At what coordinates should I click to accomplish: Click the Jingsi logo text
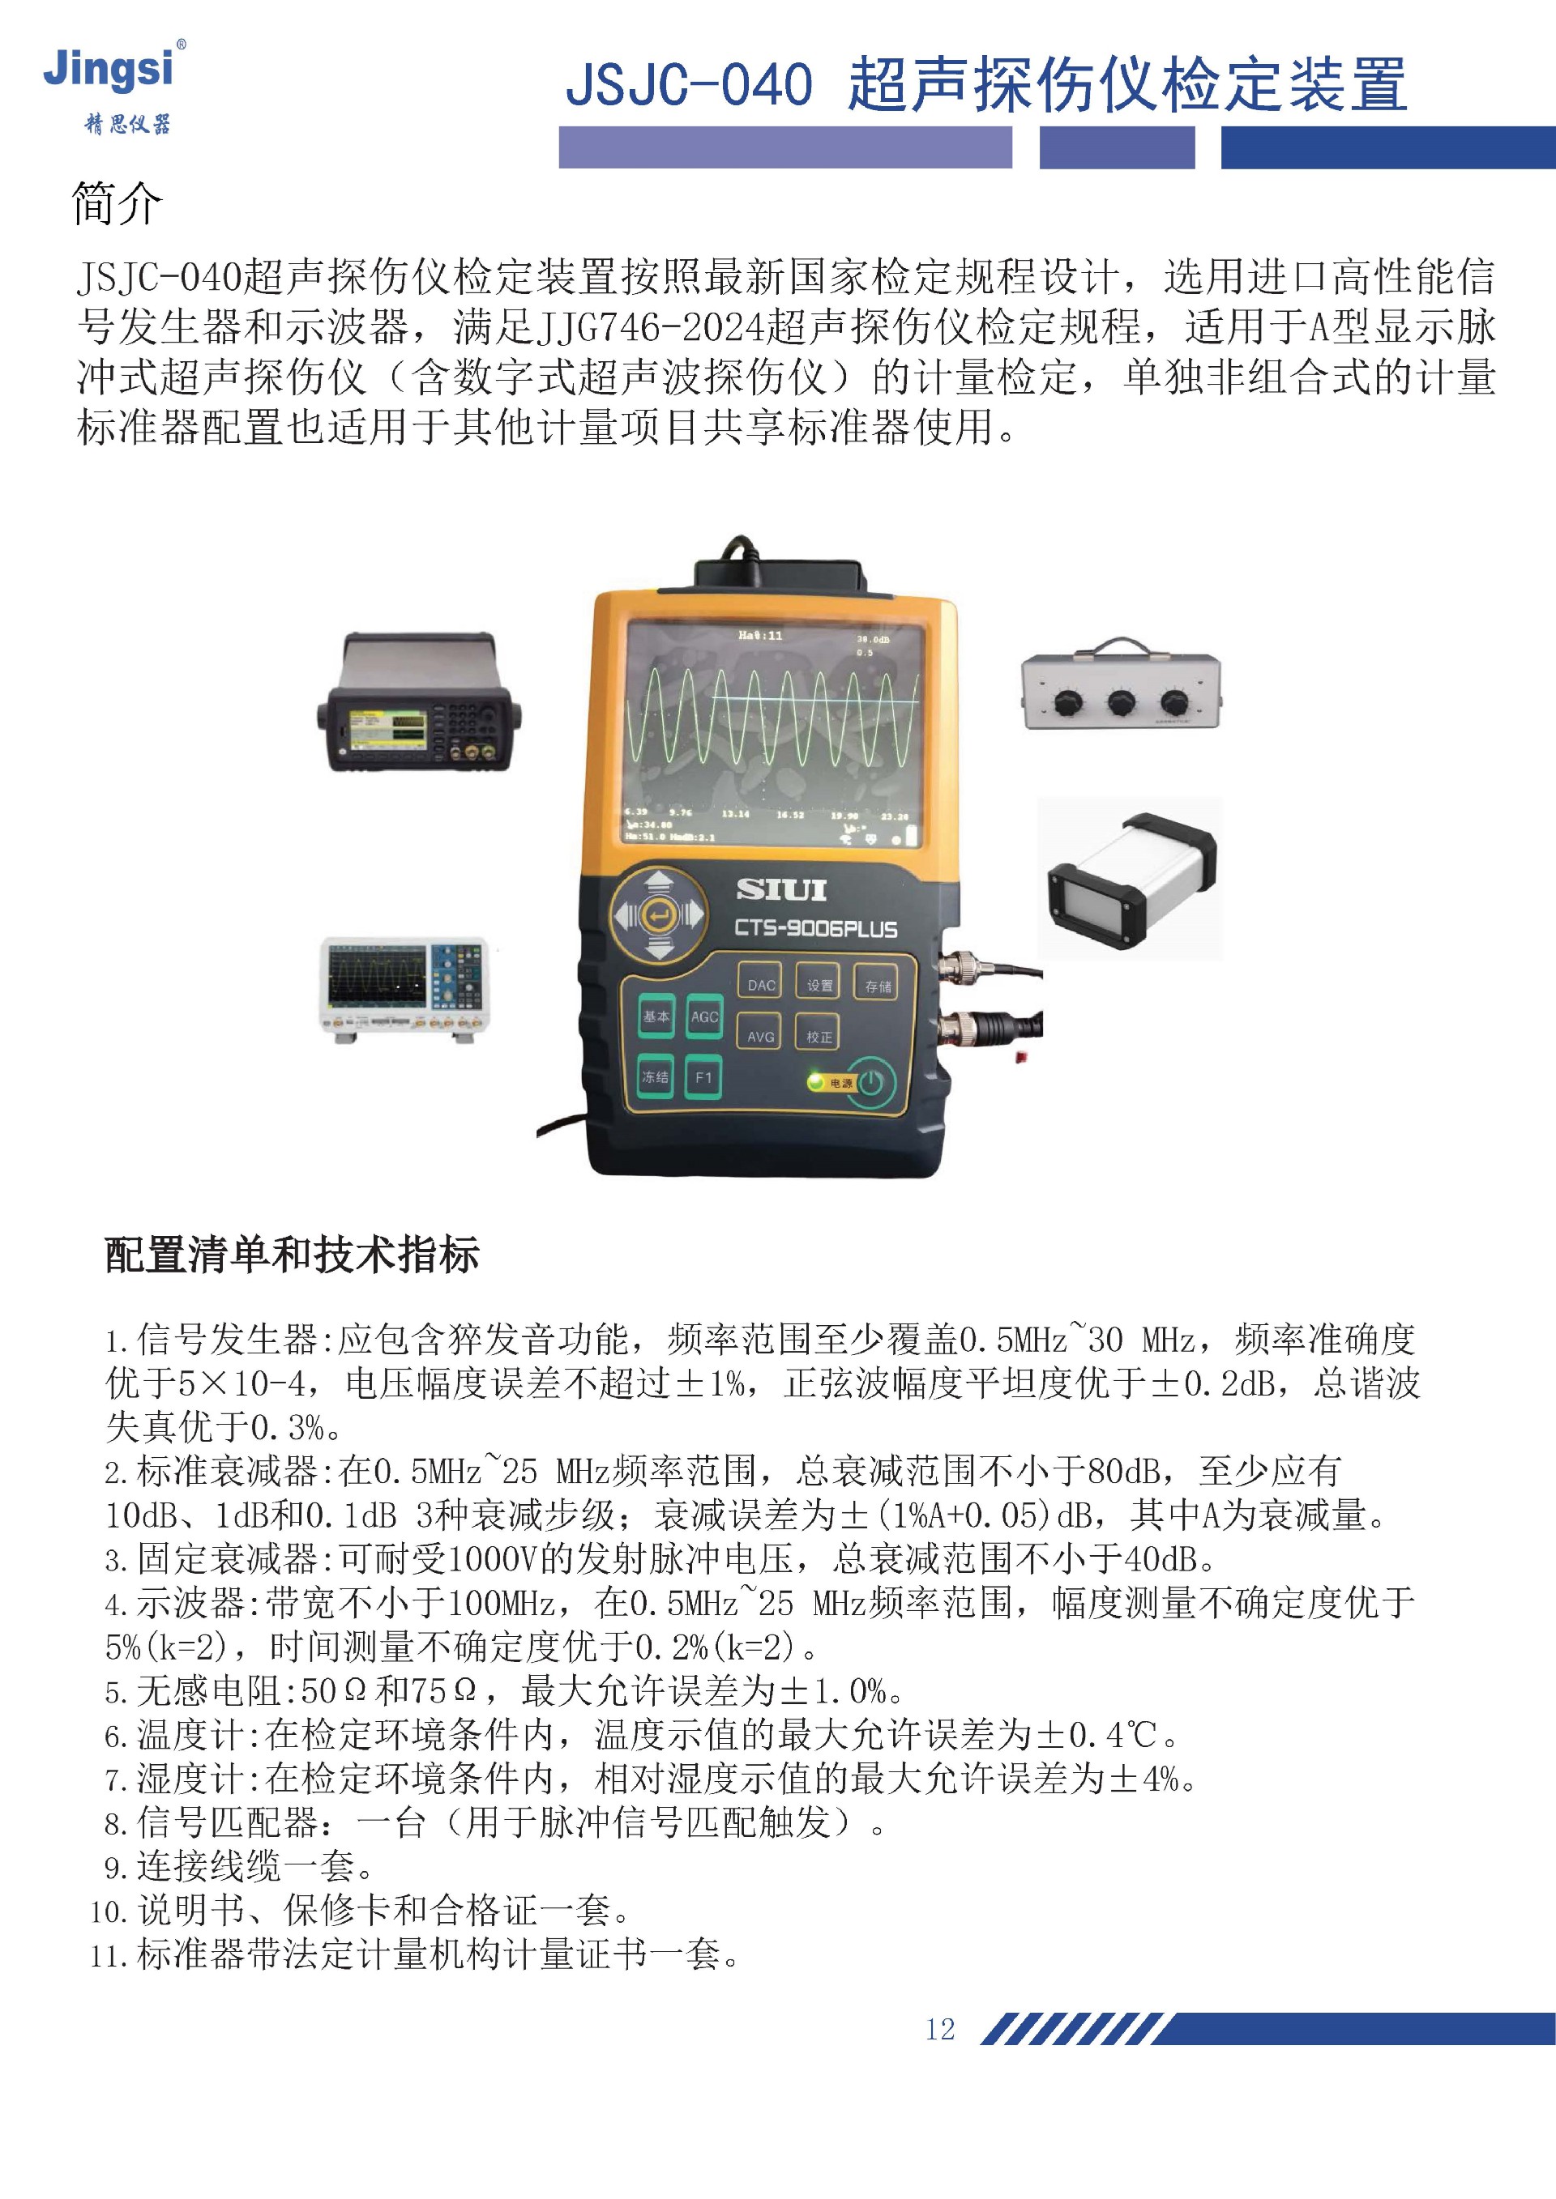pos(109,70)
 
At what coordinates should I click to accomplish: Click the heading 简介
pos(117,204)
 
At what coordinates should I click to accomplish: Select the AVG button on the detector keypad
pos(760,1036)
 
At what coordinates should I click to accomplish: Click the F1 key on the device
pos(703,1077)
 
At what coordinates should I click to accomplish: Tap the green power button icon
pos(870,1082)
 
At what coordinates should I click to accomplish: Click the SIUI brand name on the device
pos(781,890)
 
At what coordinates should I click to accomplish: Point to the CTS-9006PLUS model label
pos(815,929)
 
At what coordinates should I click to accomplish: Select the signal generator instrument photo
pos(419,701)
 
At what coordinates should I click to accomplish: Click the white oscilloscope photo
pos(404,990)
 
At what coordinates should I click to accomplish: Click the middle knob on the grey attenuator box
pos(1120,704)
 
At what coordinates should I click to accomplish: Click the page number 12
pos(940,2030)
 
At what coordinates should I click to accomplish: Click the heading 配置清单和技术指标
pos(291,1255)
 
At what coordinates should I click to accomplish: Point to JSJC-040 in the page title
pos(689,84)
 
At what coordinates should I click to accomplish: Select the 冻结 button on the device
pos(656,1077)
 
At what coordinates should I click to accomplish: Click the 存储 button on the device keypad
pos(878,986)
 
